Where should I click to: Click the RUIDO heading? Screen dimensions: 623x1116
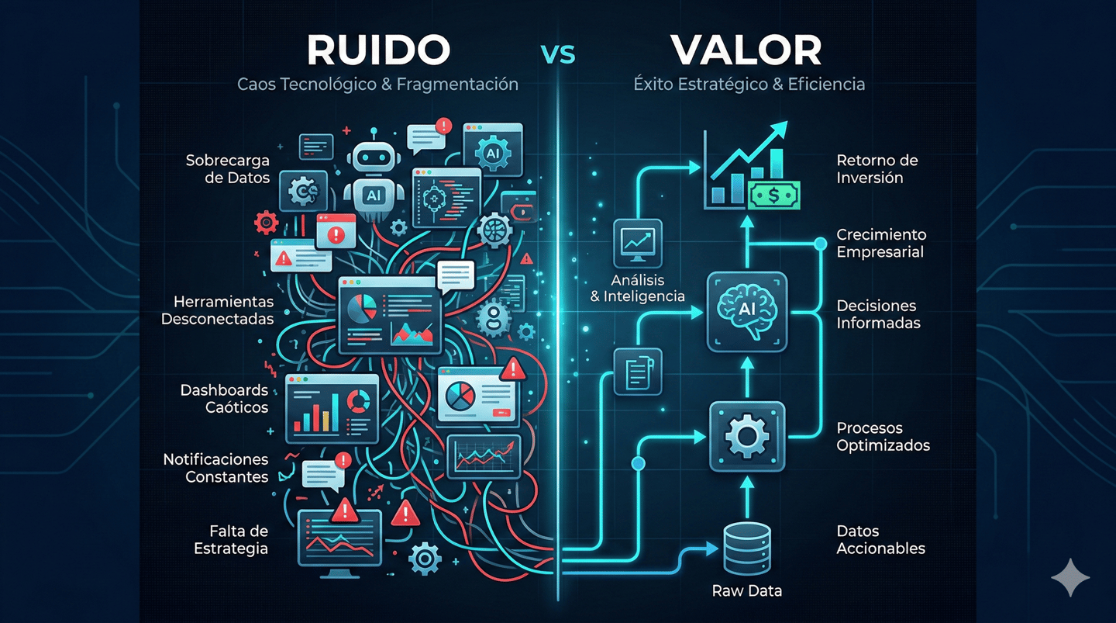[378, 50]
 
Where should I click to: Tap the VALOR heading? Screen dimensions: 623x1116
[746, 50]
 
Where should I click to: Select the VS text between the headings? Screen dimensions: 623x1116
[557, 55]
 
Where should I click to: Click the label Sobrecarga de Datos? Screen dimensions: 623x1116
[228, 169]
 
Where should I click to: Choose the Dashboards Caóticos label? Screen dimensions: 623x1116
[224, 399]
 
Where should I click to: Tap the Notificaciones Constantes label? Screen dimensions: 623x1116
[215, 469]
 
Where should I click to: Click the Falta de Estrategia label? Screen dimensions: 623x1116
[231, 539]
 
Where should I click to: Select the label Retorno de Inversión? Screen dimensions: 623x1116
[877, 168]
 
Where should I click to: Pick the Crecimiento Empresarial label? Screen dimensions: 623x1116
[881, 243]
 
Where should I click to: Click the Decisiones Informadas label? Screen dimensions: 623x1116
[879, 314]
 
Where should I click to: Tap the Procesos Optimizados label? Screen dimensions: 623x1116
[883, 437]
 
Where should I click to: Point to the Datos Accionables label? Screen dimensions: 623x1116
[880, 539]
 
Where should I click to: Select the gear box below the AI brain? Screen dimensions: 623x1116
[747, 437]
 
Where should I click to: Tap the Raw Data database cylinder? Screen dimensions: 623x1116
[746, 547]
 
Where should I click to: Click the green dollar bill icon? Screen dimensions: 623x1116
[774, 196]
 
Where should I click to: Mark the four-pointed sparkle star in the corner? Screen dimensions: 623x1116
[1070, 577]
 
